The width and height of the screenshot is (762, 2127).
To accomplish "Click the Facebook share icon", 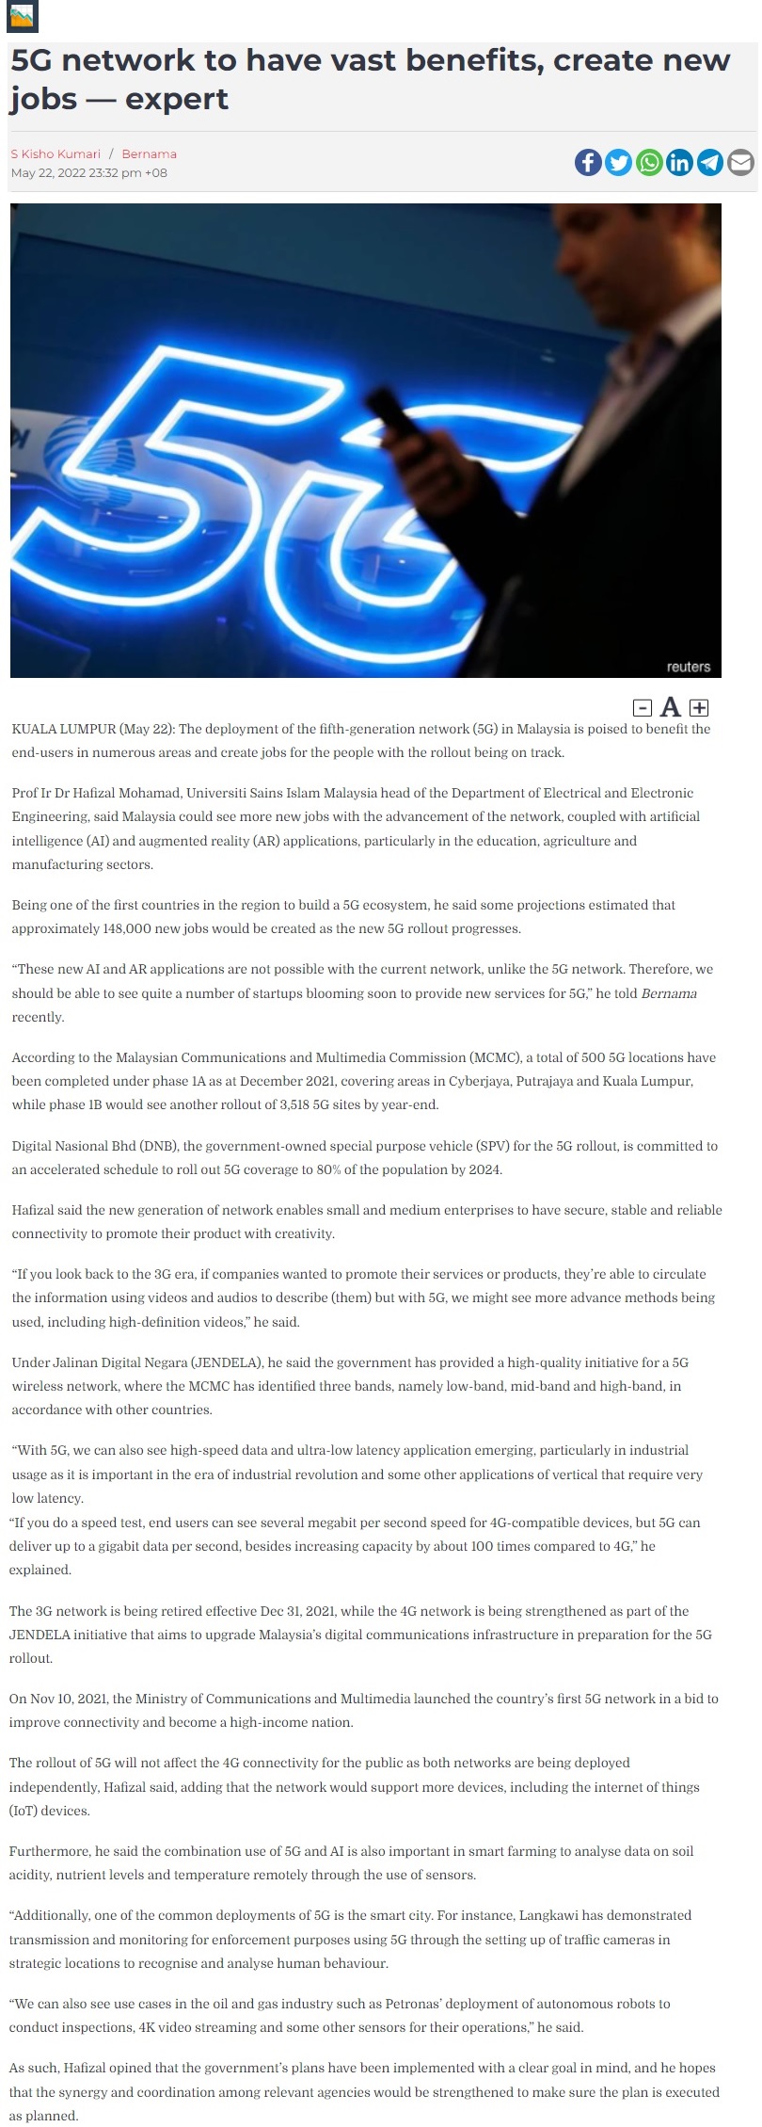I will tap(588, 163).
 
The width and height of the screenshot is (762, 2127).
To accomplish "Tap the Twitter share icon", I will tap(618, 163).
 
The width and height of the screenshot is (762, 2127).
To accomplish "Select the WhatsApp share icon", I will tap(649, 163).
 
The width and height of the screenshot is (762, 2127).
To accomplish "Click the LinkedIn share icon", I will tap(679, 163).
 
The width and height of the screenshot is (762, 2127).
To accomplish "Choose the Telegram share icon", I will tap(710, 163).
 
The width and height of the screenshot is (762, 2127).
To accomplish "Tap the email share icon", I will tap(741, 163).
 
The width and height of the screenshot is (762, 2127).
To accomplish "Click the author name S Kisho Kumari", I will tap(56, 153).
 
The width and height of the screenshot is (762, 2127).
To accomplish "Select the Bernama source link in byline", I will tap(149, 153).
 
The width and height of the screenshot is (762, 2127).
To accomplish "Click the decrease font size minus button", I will tap(643, 707).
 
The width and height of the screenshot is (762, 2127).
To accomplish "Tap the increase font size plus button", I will tap(699, 707).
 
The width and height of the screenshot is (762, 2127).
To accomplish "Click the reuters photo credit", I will tap(688, 667).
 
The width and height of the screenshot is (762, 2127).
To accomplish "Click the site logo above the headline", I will tap(22, 17).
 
